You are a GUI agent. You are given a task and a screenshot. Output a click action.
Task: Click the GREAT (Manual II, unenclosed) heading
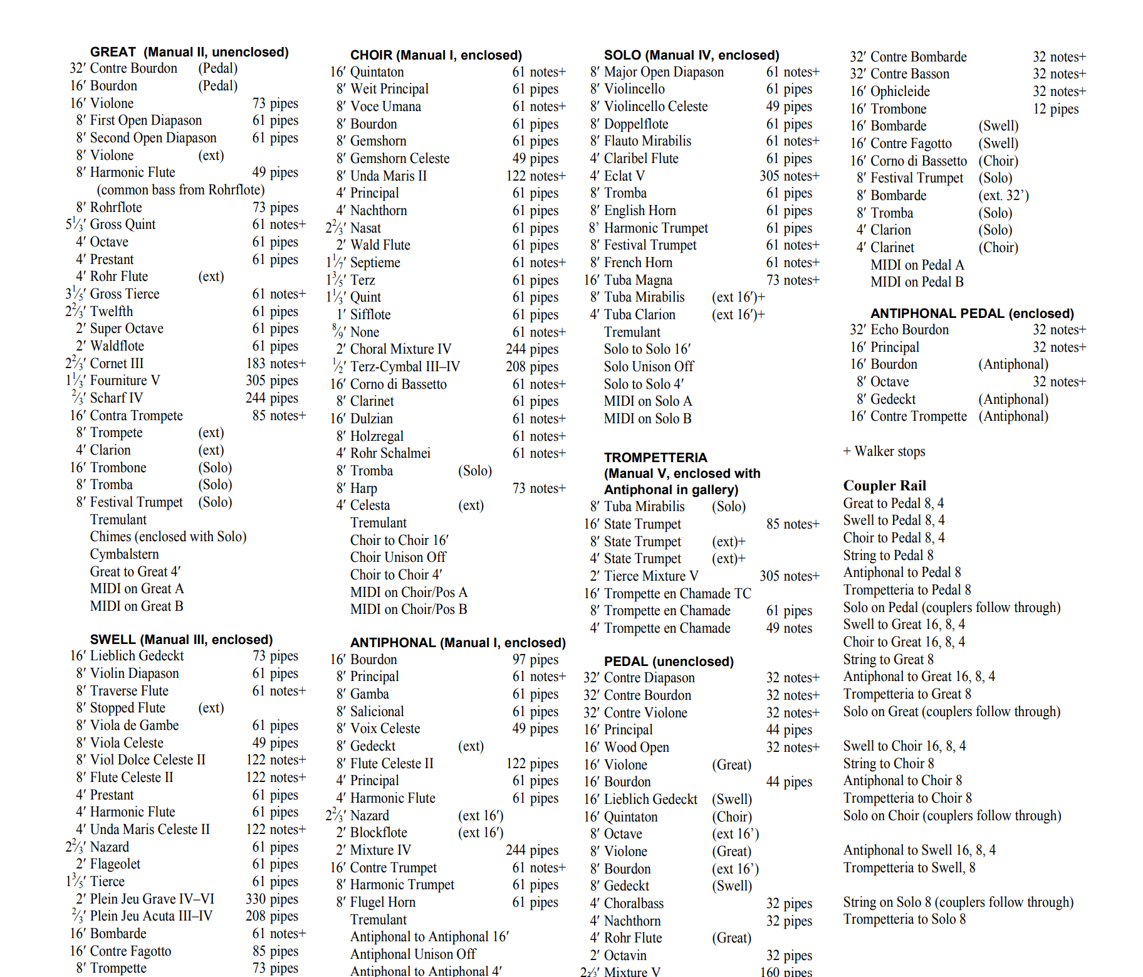[189, 52]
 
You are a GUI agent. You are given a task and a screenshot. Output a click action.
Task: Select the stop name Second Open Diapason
[153, 138]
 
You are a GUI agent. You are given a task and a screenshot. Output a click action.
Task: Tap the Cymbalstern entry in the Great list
[124, 554]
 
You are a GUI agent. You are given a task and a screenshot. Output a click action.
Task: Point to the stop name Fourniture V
[125, 381]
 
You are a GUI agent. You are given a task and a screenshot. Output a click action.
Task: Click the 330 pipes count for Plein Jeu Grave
[271, 899]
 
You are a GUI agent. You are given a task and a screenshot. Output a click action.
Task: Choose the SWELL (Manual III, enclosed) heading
[181, 640]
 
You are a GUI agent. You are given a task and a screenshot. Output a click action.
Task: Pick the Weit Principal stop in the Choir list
[389, 89]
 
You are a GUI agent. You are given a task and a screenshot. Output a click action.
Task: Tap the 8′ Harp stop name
[363, 488]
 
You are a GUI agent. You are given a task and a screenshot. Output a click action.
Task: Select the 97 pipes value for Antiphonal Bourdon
[535, 660]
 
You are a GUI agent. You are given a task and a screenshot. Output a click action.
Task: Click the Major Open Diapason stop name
[664, 72]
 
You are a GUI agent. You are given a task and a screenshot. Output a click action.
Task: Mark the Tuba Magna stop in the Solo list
[638, 280]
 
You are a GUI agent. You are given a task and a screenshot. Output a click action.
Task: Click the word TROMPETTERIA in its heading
[655, 458]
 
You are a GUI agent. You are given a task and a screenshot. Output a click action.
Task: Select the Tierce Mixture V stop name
[651, 576]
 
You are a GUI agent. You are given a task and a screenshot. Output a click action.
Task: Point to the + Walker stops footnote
[884, 452]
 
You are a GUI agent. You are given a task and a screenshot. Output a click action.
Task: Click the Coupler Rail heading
[884, 485]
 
